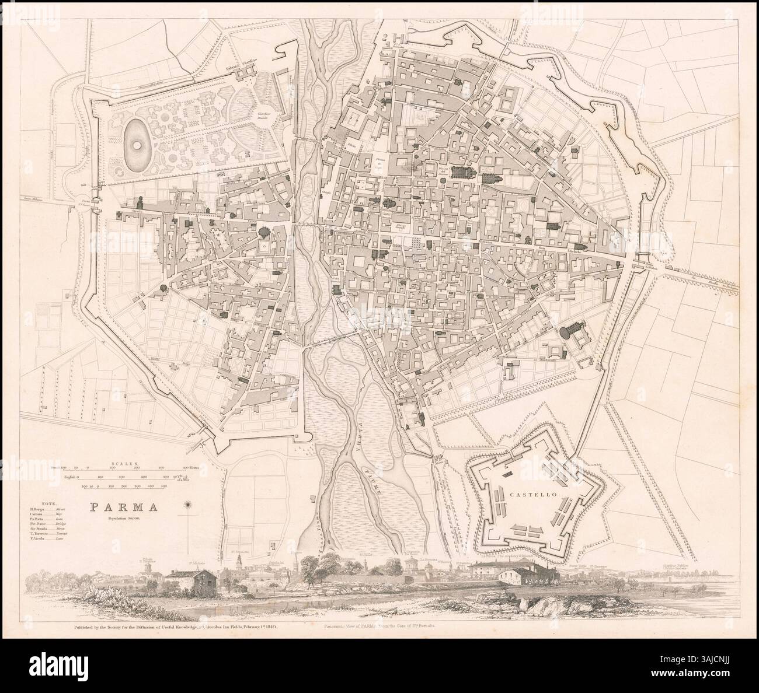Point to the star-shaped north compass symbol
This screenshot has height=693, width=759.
[x=188, y=505]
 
